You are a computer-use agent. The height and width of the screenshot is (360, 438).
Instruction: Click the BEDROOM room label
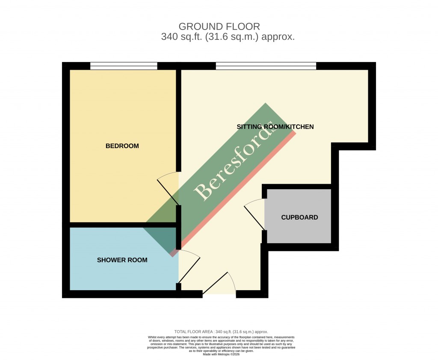click(122, 146)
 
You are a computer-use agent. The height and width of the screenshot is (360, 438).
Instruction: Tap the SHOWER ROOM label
click(122, 260)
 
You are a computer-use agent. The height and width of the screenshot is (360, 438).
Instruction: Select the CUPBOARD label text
click(299, 217)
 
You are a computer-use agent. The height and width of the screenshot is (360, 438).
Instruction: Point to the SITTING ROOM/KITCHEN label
click(275, 127)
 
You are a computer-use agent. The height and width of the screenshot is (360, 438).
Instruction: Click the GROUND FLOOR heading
click(219, 27)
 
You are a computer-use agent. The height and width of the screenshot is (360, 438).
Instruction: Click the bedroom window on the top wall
click(124, 66)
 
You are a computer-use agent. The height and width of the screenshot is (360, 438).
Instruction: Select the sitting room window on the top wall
click(266, 66)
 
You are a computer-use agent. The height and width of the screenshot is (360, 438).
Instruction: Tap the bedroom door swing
click(168, 190)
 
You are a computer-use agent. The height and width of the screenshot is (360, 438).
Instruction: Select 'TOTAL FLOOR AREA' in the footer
click(194, 332)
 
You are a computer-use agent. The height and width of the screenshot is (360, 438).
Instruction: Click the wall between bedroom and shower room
click(123, 225)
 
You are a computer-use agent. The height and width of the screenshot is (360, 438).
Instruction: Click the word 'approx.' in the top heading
click(278, 37)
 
